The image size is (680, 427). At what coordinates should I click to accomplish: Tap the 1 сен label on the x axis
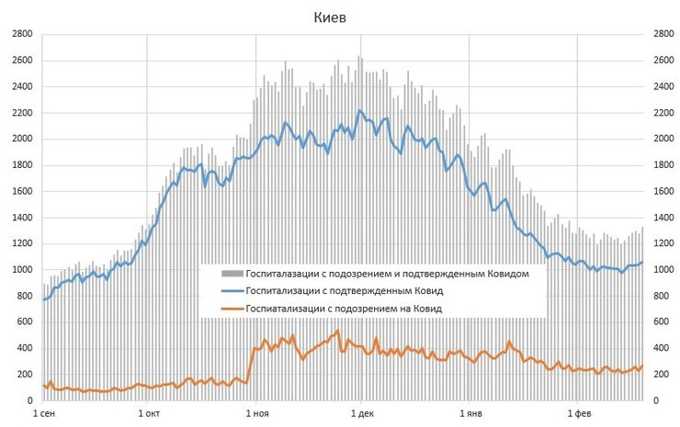click(45, 415)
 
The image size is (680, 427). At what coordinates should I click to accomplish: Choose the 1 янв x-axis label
click(470, 415)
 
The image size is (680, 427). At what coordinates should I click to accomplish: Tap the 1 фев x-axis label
click(577, 415)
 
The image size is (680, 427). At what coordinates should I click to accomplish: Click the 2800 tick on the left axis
click(21, 35)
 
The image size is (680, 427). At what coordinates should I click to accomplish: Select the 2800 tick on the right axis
click(661, 35)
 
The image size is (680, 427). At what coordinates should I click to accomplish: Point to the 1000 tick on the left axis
click(21, 270)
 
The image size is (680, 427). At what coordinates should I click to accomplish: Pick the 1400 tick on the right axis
click(661, 218)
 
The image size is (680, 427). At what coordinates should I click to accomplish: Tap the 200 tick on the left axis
click(24, 375)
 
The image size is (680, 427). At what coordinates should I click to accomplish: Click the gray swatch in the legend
click(232, 274)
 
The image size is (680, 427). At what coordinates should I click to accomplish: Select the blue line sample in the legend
click(232, 291)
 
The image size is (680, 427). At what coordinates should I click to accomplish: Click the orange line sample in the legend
click(232, 309)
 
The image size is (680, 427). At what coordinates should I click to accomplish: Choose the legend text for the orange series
click(345, 309)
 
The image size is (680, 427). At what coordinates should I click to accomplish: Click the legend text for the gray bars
click(388, 274)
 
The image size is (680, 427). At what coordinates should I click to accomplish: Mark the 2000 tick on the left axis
click(21, 140)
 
